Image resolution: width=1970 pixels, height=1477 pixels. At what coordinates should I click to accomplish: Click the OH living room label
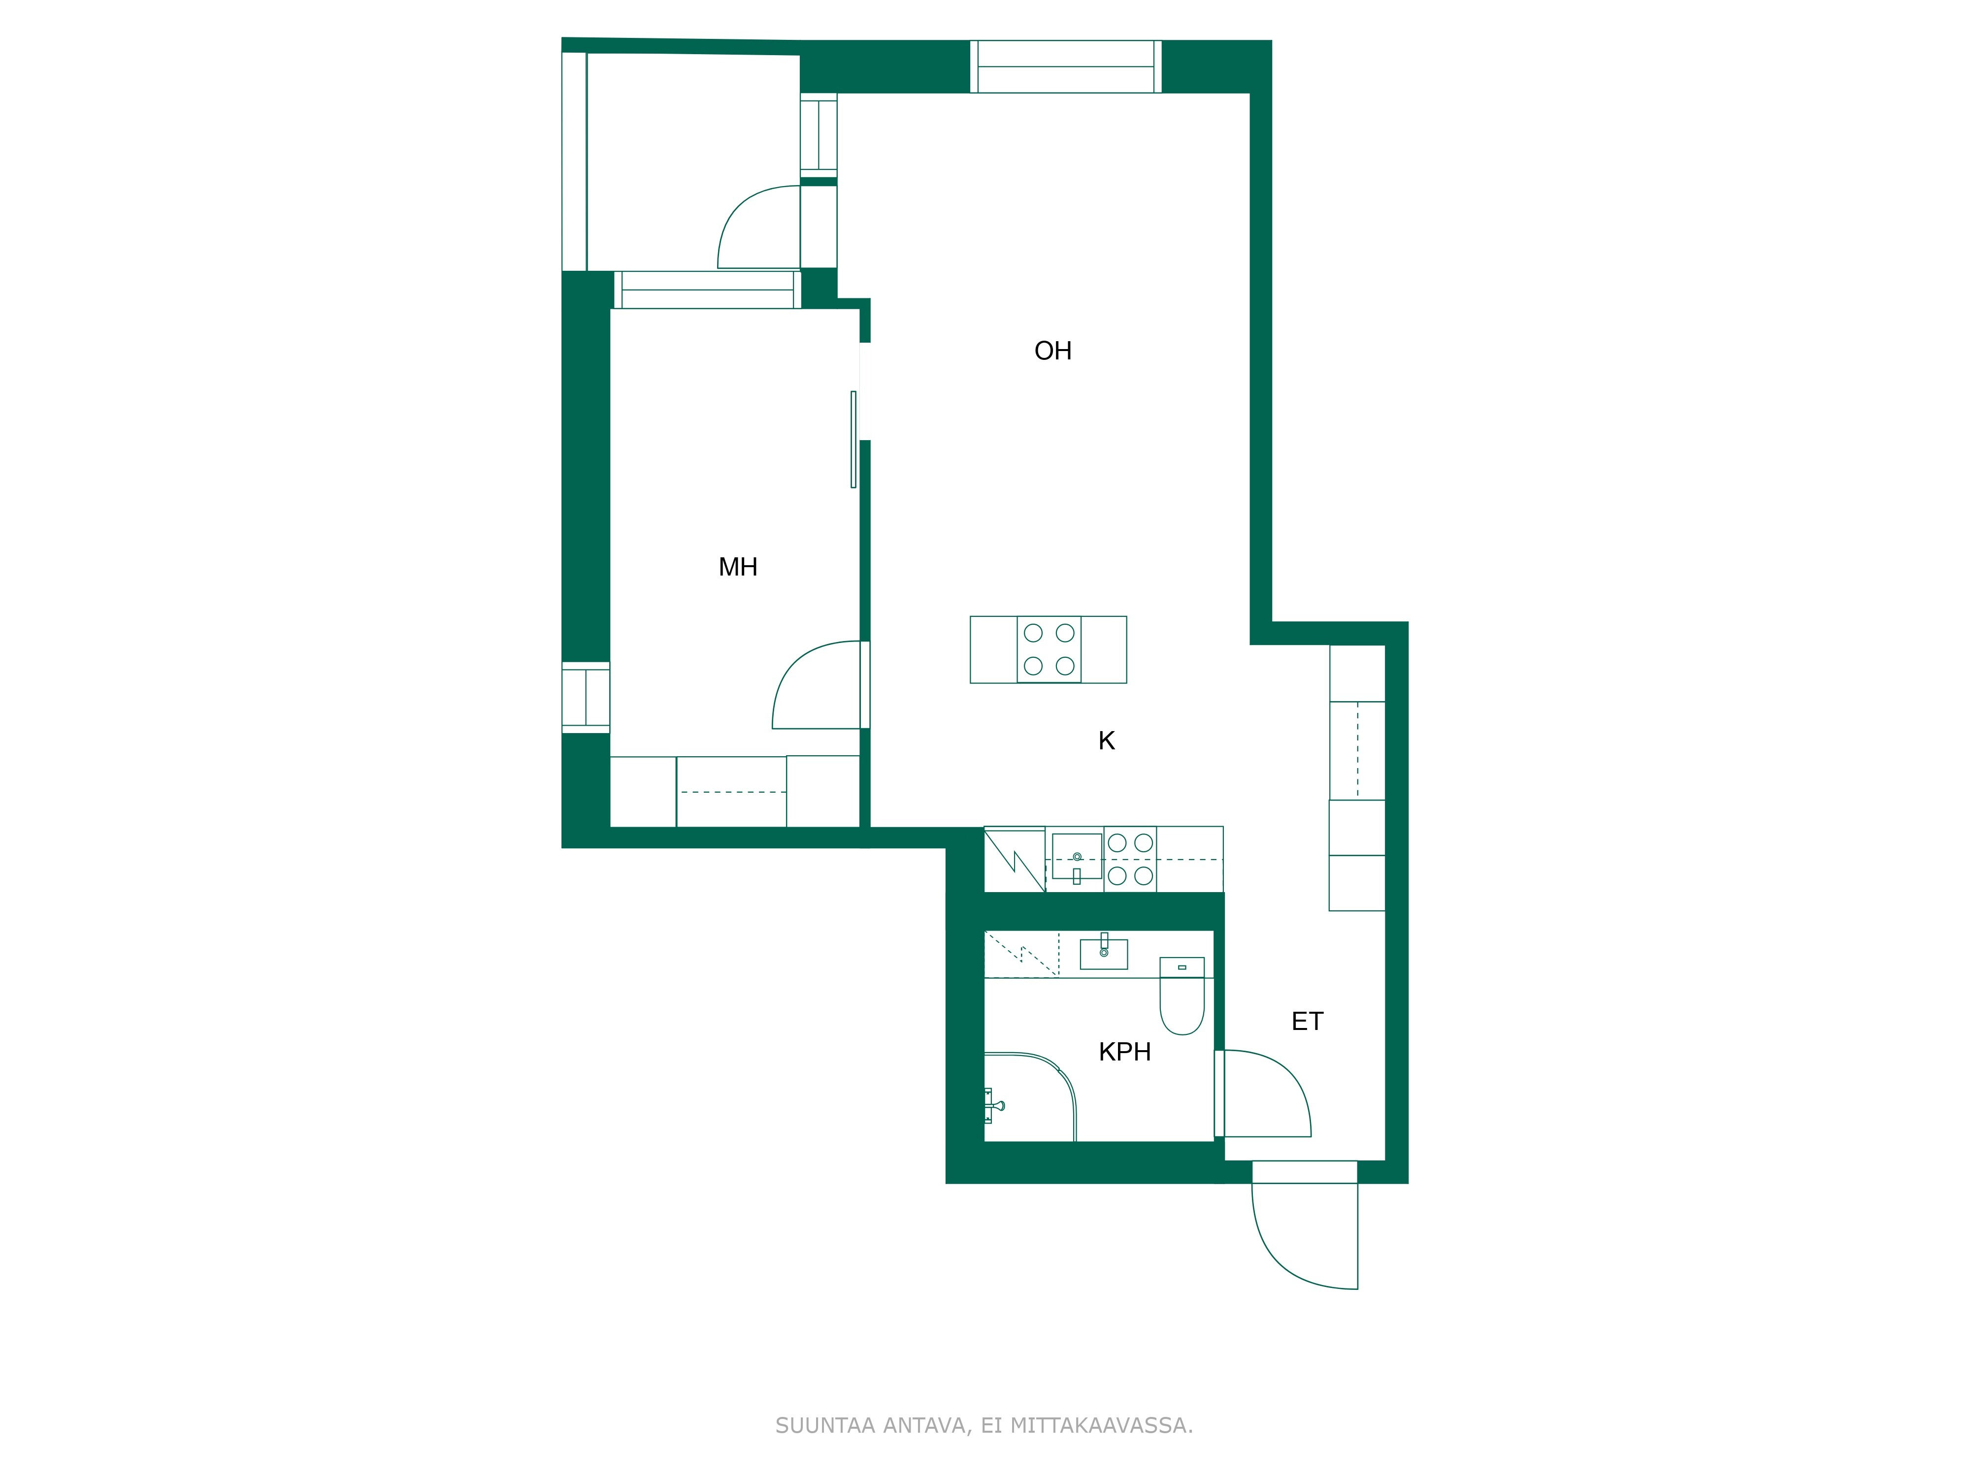(1052, 351)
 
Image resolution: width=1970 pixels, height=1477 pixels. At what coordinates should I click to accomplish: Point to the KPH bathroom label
(1125, 1052)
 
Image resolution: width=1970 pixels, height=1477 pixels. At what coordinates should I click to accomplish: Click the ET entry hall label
(1308, 1021)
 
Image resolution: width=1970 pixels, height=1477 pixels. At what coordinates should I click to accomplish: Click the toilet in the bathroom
(1182, 995)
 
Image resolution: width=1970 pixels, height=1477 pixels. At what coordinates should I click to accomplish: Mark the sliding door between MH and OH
(853, 439)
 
